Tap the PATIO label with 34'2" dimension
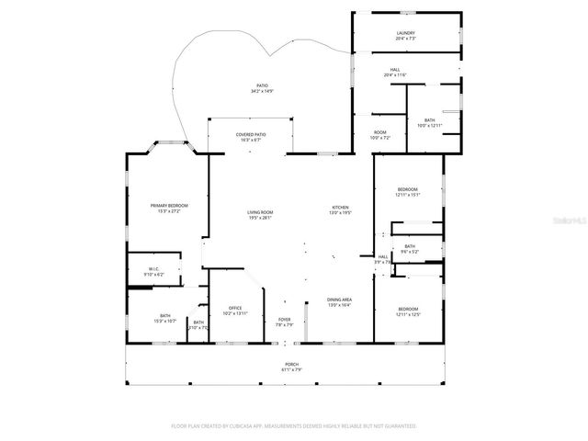(262, 89)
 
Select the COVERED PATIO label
(251, 138)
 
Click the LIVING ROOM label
(260, 215)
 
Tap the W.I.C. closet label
(154, 272)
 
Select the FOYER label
(285, 322)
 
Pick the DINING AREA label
(340, 303)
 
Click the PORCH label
(291, 367)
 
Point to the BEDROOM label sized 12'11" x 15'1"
(408, 191)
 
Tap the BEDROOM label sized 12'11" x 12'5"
(408, 311)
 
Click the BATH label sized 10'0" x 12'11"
(430, 122)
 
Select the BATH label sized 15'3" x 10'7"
(165, 319)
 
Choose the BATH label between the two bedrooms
(409, 248)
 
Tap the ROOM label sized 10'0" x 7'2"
(380, 135)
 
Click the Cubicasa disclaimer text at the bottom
(294, 426)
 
